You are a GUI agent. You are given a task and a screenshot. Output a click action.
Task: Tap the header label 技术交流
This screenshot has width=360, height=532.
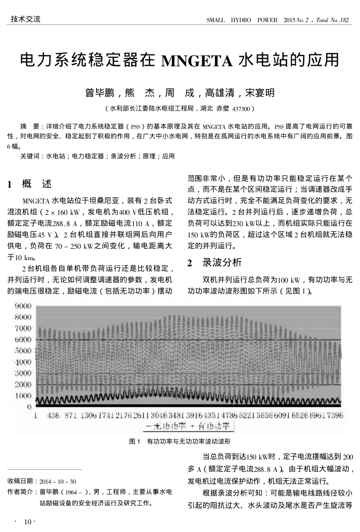coord(25,20)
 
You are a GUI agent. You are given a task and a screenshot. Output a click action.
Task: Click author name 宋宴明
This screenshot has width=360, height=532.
coord(260,93)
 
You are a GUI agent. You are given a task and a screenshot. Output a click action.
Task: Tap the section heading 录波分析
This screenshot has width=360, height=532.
coord(222,263)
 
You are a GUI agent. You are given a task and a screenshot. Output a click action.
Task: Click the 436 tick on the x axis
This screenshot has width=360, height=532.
coord(53,415)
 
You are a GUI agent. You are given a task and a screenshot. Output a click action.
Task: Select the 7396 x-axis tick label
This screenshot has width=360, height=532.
coord(332,415)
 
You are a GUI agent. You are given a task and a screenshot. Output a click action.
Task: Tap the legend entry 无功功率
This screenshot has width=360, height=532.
coord(169,426)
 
